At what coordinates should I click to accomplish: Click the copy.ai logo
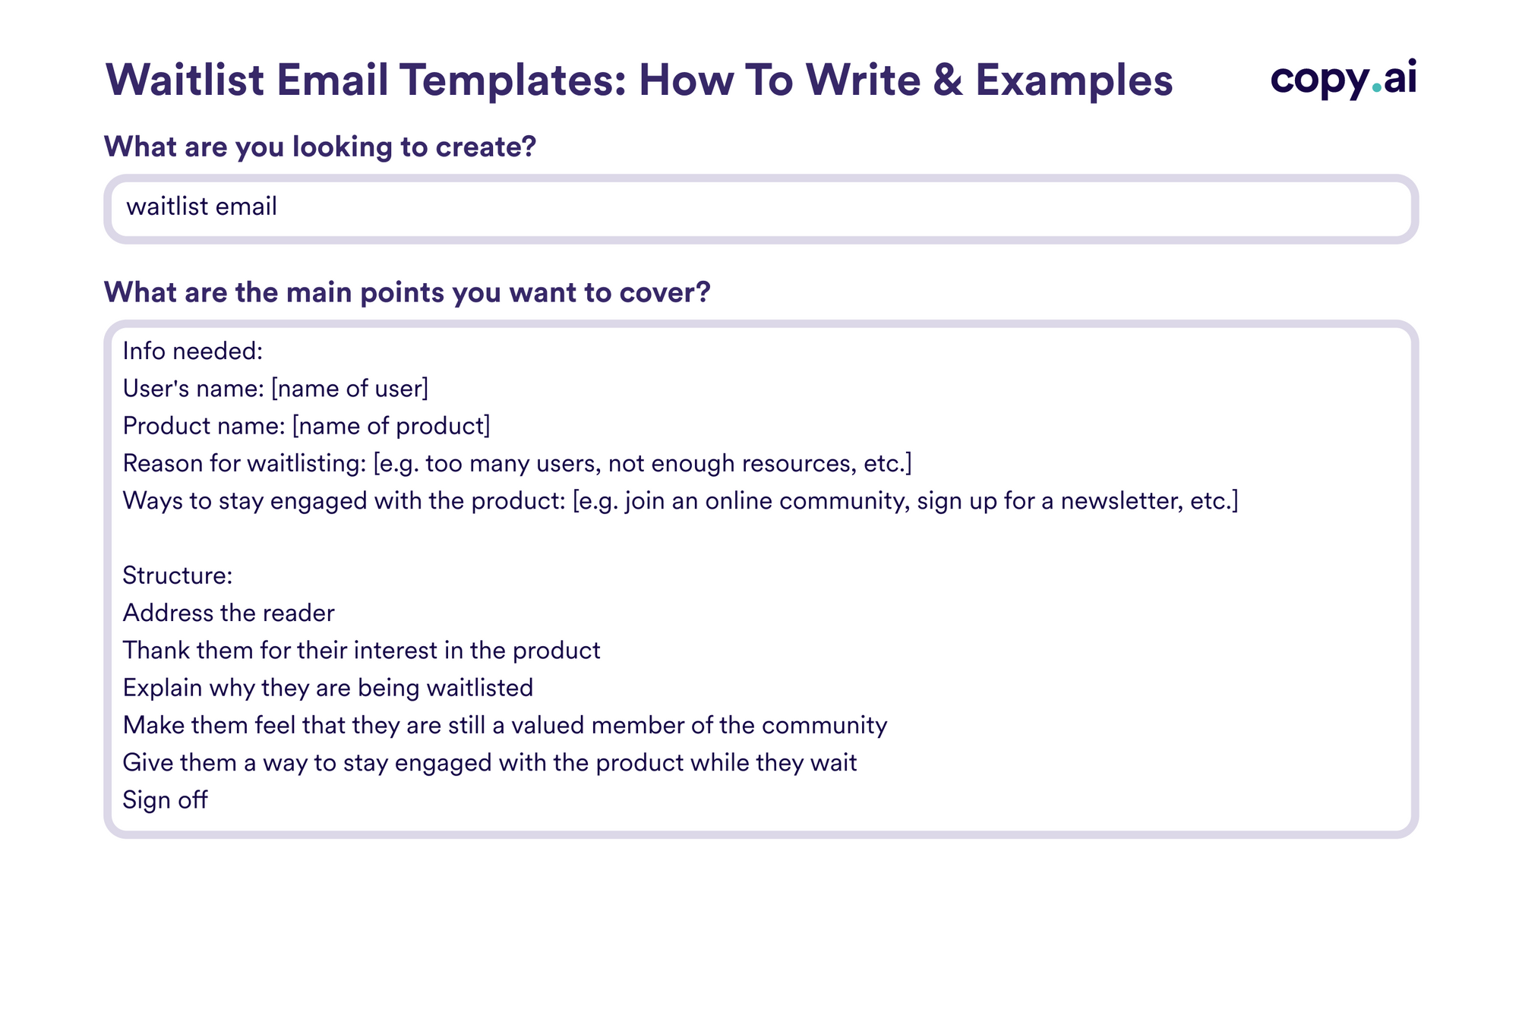click(1343, 79)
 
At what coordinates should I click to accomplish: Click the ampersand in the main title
click(948, 80)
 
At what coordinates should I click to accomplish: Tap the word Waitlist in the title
click(185, 80)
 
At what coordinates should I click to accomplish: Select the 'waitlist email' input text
click(201, 206)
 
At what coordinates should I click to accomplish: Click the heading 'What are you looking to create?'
click(320, 147)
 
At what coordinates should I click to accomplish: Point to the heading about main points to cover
click(407, 292)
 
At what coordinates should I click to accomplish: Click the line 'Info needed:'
click(192, 351)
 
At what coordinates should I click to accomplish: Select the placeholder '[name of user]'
click(349, 389)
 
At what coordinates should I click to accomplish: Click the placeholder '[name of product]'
click(391, 426)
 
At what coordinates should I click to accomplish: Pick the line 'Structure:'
click(177, 575)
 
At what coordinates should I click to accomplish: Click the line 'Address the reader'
click(228, 613)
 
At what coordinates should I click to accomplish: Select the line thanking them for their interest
click(361, 651)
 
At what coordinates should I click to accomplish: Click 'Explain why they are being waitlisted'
click(327, 688)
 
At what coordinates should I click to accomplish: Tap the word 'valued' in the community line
click(547, 725)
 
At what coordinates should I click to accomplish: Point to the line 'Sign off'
click(165, 800)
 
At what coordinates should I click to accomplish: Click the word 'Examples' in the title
click(1074, 80)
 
